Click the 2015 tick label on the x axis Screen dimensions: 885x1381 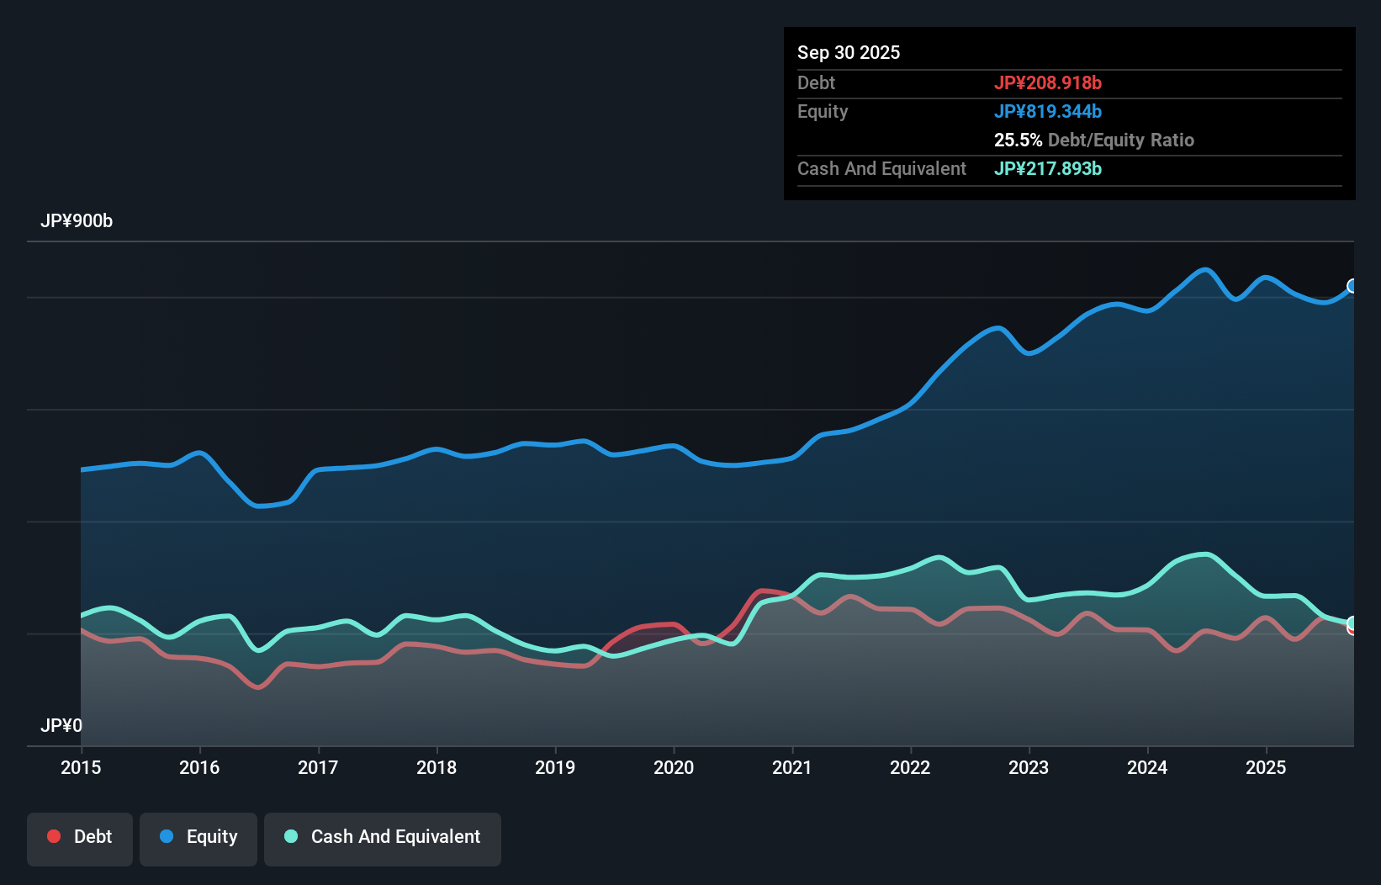point(81,767)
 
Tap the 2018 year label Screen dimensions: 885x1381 point(437,767)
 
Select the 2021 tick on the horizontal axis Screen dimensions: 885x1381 point(792,767)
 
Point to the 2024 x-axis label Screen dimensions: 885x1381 point(1147,767)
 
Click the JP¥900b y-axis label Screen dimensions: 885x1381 point(77,221)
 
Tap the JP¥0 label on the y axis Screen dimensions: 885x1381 point(61,725)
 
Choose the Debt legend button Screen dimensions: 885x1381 point(80,837)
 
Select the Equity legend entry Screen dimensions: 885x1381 point(198,837)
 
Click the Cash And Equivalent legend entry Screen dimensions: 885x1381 point(383,837)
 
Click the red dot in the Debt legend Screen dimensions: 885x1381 point(54,836)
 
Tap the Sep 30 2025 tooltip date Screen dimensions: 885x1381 point(848,52)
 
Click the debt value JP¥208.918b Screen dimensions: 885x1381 point(1047,82)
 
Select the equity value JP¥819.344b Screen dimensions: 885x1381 point(1047,111)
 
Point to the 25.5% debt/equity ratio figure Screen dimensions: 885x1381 point(1018,140)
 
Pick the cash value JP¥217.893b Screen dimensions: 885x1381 point(1047,168)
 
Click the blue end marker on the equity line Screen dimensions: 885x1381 point(1352,286)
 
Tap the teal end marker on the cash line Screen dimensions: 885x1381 point(1352,623)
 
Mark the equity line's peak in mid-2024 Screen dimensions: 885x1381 point(1205,270)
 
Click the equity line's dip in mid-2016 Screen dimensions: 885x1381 point(258,506)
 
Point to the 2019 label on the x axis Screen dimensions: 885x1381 point(555,767)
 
